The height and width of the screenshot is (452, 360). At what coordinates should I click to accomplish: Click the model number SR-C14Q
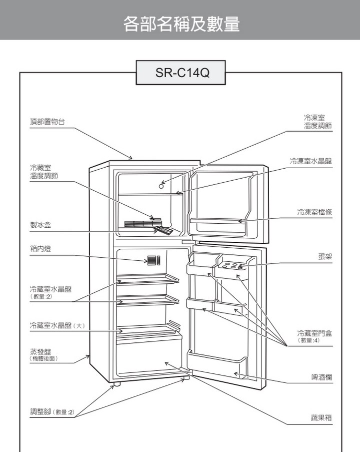(x=181, y=74)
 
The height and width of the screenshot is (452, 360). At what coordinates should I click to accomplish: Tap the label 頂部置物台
(x=47, y=122)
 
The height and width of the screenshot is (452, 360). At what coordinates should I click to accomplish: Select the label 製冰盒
(x=40, y=226)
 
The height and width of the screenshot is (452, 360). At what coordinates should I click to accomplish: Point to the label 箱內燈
(x=40, y=249)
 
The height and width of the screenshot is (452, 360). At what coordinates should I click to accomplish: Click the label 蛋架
(x=324, y=256)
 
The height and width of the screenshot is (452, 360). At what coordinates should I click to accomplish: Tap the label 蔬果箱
(x=321, y=417)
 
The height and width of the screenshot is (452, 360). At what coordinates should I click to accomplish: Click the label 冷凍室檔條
(x=314, y=212)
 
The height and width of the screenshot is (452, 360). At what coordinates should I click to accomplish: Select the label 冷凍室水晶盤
(x=310, y=161)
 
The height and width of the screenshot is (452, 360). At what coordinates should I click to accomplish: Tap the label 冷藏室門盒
(x=314, y=333)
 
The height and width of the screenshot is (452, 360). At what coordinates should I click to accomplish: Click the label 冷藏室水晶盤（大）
(x=51, y=326)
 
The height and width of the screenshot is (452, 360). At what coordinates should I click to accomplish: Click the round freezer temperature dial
(x=161, y=186)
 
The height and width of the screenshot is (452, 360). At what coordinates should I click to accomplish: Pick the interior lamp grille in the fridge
(x=153, y=260)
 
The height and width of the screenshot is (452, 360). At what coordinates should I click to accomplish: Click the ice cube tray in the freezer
(x=162, y=231)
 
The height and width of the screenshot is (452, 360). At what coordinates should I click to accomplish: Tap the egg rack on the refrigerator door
(x=232, y=266)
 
